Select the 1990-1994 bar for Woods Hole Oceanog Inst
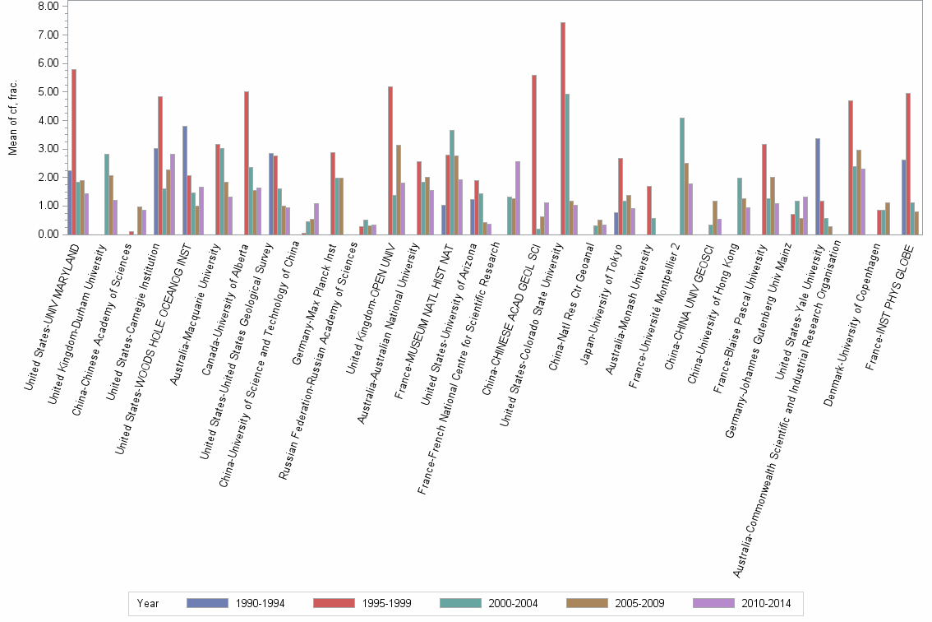coord(185,180)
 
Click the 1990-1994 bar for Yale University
coord(818,186)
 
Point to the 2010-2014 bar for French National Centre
coord(518,197)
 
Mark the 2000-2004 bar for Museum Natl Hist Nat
coord(452,182)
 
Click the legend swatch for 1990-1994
coord(206,603)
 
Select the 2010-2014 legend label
coord(766,603)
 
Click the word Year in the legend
coord(148,603)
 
